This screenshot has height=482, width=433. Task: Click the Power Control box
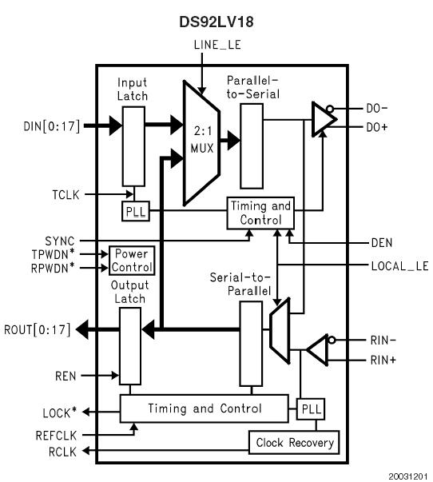(x=132, y=260)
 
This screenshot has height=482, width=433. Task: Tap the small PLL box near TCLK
(x=133, y=212)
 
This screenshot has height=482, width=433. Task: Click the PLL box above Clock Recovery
(x=310, y=409)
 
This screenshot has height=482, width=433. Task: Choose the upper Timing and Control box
(x=260, y=212)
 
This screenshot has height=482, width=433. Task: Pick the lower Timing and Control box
(x=204, y=409)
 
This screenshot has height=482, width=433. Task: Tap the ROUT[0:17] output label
(x=36, y=329)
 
